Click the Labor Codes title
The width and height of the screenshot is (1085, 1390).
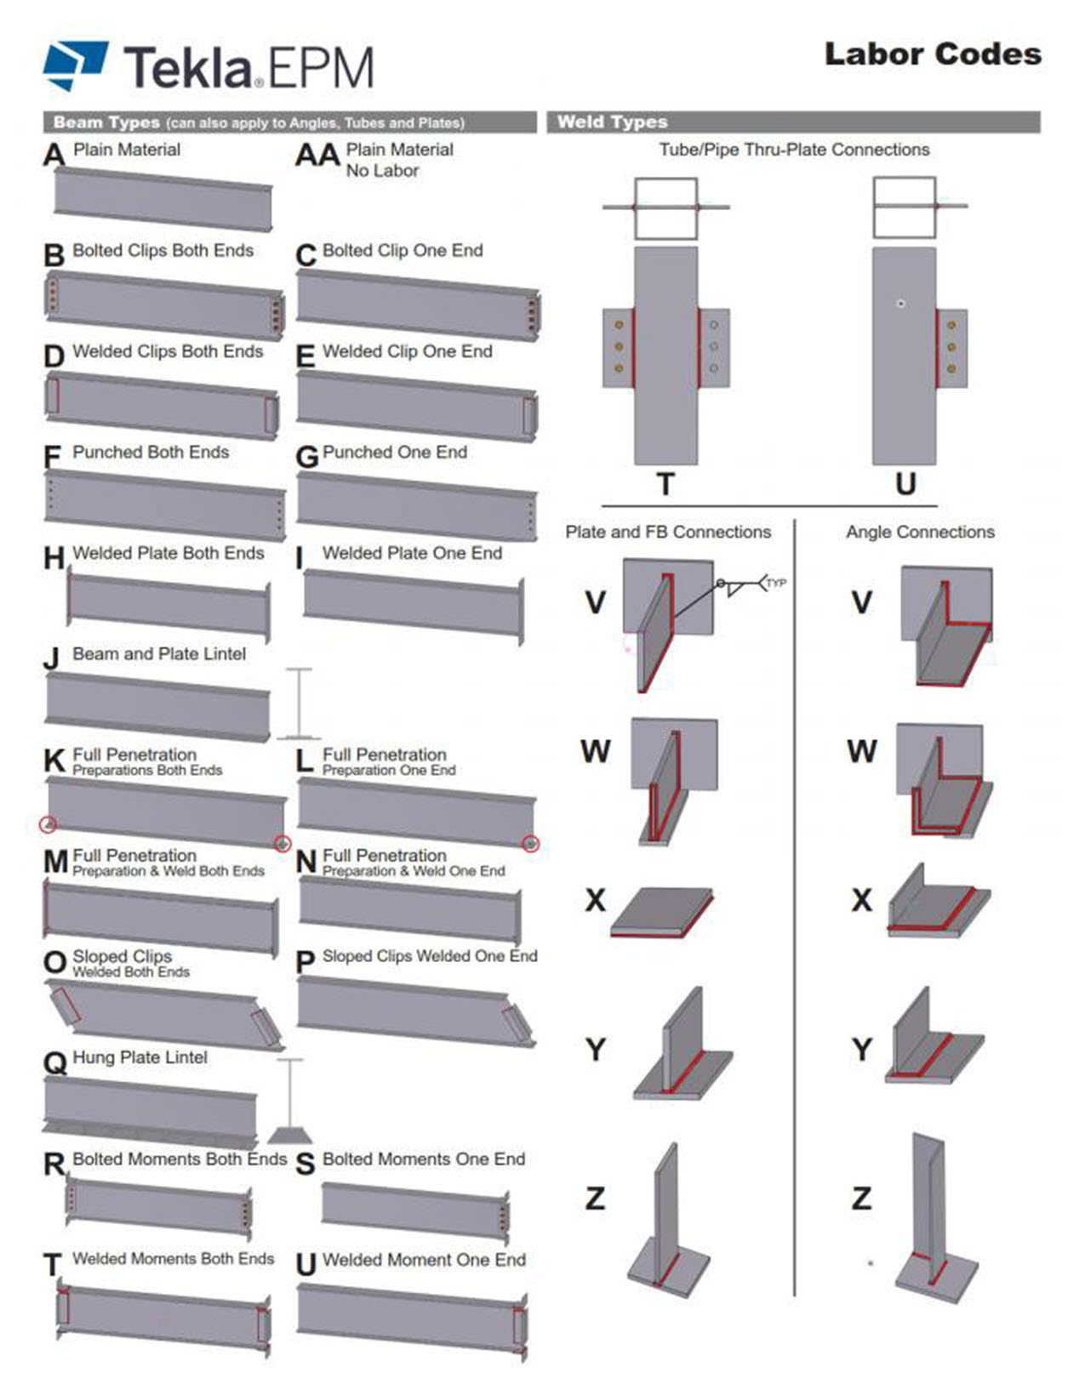(x=933, y=54)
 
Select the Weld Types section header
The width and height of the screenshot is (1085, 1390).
(x=613, y=122)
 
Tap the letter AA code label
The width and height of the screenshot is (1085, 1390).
(x=317, y=157)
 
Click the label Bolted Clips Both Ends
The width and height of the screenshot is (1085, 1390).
(x=163, y=251)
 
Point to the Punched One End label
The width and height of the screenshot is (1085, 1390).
(x=394, y=453)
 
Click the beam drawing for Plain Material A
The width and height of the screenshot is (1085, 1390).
(x=163, y=198)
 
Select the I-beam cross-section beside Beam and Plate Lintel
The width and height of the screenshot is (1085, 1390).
(x=299, y=704)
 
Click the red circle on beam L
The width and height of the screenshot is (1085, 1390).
(x=531, y=843)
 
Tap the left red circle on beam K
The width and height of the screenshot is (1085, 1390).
(x=49, y=823)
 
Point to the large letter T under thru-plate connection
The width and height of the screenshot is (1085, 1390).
(x=665, y=484)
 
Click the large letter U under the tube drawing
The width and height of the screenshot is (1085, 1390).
(x=905, y=484)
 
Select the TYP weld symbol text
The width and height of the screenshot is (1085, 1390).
(x=775, y=583)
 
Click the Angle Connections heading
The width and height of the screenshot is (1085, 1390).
(x=920, y=533)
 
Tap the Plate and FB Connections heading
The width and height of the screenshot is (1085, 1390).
(x=668, y=533)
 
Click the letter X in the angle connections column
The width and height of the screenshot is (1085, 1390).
(x=861, y=900)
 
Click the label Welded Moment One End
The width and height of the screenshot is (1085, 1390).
(x=424, y=1260)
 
